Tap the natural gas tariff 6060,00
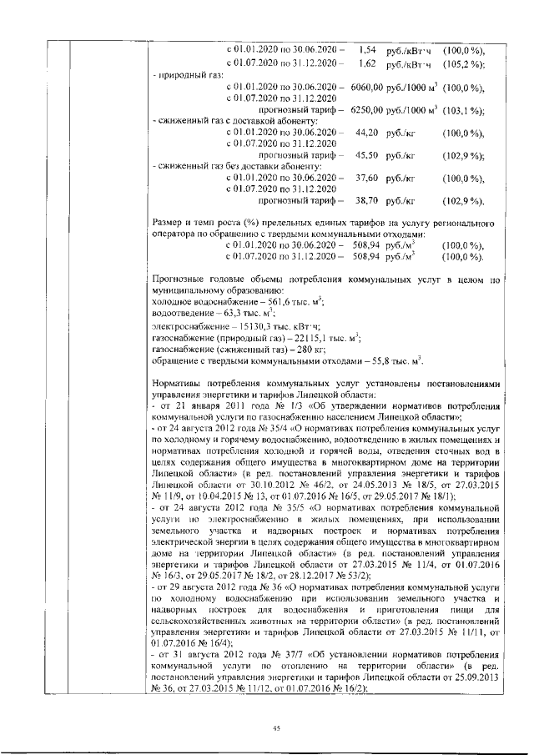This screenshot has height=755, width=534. click(365, 87)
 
